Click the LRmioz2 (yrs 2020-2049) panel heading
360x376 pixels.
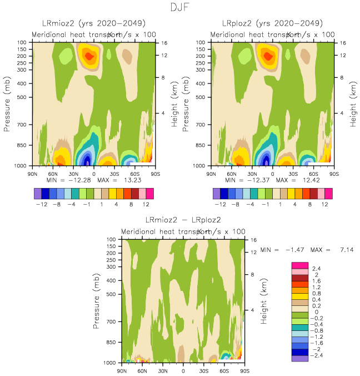[94, 23]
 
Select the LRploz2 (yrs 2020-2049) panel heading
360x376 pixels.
[272, 23]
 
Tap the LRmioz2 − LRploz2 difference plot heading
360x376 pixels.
[183, 220]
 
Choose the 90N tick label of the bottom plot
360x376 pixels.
[122, 370]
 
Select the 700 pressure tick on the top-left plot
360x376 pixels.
[28, 125]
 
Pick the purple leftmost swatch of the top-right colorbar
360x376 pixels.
[217, 193]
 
